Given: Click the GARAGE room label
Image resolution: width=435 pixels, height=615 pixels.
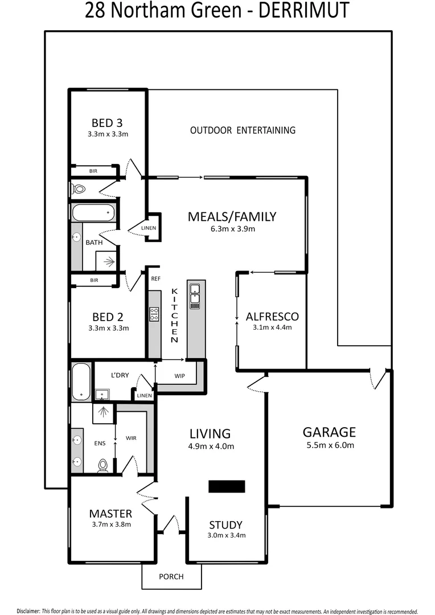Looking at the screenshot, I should point(329,432).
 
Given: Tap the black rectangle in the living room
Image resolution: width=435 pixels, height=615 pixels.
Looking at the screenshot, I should point(226,486).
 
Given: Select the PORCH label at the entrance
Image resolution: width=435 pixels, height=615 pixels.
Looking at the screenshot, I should point(171,576).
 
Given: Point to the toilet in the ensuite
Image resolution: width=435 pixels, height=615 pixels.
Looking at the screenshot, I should point(103,465).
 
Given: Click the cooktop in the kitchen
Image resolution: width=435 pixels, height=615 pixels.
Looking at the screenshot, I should point(154,314).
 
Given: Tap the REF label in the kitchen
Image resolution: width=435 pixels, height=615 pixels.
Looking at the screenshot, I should point(156,279).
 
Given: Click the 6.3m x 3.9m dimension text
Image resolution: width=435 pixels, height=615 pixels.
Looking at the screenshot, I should point(232,229).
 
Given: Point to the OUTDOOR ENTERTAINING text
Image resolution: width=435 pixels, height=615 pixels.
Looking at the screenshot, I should point(243,130).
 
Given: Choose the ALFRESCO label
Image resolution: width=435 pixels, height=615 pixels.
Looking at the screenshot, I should point(272,317).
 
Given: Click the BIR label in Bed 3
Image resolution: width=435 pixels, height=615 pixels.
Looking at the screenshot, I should point(93,170).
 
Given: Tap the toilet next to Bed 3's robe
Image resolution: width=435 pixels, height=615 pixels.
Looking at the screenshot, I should point(79,188).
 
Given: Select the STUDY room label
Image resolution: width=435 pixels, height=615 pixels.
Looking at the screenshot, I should point(225,525).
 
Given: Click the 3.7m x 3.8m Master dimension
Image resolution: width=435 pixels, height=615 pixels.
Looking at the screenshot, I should point(110,524).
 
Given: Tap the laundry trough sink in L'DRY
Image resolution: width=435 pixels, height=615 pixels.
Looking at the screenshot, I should point(103,393).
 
